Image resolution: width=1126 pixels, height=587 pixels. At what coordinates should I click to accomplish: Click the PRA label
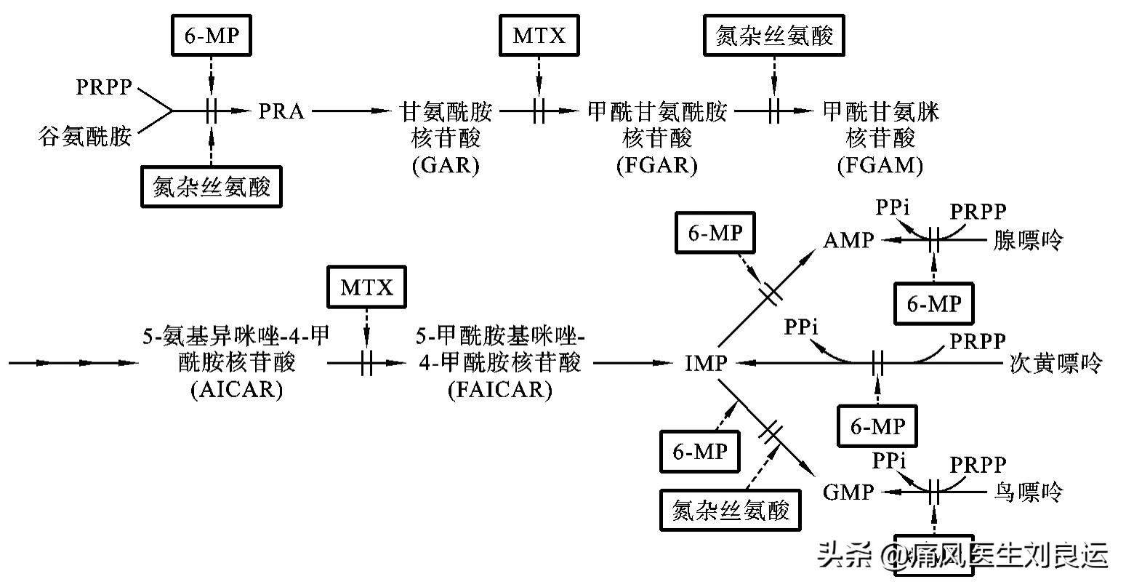[281, 111]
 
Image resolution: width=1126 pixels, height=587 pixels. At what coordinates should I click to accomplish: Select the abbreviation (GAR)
[446, 166]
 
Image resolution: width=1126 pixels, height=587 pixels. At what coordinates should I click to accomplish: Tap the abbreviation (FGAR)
[656, 166]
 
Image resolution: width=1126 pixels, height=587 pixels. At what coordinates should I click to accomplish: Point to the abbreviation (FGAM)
[880, 166]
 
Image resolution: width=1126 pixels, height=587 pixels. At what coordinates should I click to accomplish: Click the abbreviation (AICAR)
[236, 390]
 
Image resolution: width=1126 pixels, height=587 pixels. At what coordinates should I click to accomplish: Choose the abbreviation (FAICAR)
[499, 390]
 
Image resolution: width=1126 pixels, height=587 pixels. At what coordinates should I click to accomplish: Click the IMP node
[705, 362]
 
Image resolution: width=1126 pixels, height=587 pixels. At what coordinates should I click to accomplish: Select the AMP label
[848, 240]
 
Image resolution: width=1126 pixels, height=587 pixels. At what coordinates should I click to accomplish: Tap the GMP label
[848, 492]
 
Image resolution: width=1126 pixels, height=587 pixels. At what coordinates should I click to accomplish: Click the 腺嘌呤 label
[1028, 240]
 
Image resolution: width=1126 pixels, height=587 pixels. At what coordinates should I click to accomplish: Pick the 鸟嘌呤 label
[1028, 492]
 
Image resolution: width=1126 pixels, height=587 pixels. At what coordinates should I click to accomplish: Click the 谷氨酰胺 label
[86, 136]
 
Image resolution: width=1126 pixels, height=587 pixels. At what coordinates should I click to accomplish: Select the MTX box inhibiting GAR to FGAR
[539, 36]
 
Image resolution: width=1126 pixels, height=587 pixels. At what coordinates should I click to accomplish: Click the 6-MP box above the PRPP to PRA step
[211, 36]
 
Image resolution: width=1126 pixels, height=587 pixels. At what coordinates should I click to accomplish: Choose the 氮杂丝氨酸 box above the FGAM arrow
[774, 36]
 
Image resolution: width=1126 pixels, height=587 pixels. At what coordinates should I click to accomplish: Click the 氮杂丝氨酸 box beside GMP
[731, 510]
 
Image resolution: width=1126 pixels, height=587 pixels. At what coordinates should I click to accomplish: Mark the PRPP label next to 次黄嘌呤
[978, 340]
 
